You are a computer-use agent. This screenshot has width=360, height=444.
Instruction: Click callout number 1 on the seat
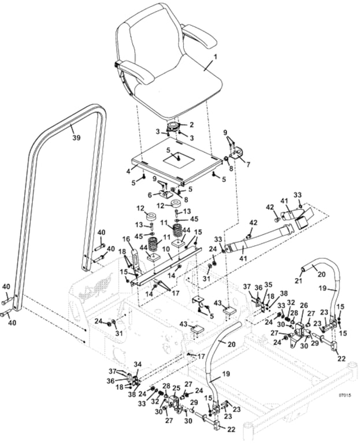click(x=216, y=58)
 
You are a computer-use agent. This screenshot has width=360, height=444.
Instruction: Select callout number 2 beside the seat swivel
click(x=192, y=124)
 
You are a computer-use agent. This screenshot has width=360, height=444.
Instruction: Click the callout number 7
click(x=248, y=164)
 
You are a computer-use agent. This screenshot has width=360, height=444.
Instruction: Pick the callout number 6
click(x=149, y=195)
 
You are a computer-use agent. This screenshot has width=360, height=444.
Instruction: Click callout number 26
click(x=304, y=305)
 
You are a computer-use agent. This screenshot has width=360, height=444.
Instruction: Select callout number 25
click(x=177, y=387)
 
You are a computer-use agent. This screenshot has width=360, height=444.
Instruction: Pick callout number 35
click(x=266, y=284)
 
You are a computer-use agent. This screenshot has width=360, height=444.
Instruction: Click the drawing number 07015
click(x=344, y=395)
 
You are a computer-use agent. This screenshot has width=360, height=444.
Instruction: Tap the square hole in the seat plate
click(x=180, y=157)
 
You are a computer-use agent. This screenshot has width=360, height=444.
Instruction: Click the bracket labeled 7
click(x=237, y=153)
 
